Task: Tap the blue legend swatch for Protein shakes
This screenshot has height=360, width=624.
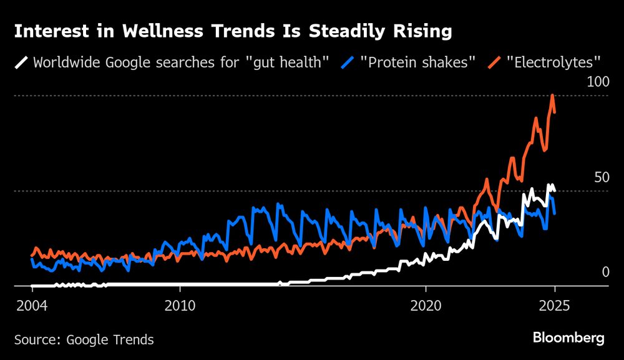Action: (348, 62)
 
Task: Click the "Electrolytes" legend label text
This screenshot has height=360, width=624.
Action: (553, 62)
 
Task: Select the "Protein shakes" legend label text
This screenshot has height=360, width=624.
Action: (418, 62)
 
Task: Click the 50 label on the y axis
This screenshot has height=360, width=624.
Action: (600, 177)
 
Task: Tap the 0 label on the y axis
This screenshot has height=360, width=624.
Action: (604, 272)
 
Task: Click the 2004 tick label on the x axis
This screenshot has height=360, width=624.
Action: (31, 307)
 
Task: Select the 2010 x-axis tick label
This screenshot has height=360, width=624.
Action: (180, 307)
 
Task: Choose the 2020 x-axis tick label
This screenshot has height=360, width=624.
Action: (426, 307)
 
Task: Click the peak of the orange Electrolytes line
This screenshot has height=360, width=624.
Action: (552, 95)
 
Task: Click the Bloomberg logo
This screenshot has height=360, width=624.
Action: (568, 338)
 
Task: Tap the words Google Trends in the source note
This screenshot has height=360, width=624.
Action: (110, 340)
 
